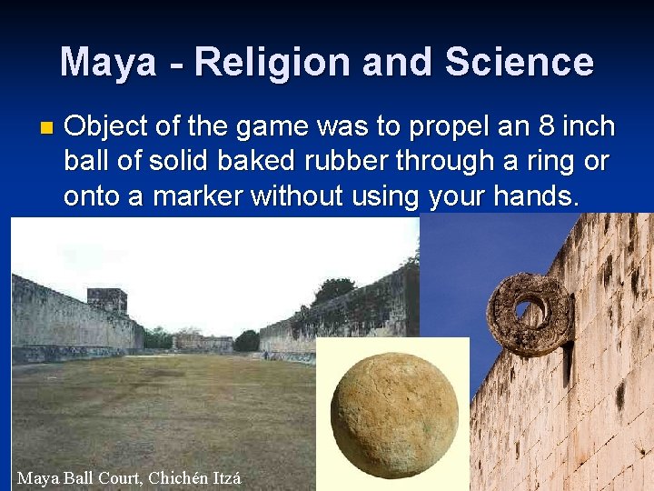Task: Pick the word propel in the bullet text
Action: pos(446,126)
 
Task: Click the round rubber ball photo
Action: pos(394,415)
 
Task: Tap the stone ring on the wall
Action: pos(529,314)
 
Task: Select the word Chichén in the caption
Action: pos(179,477)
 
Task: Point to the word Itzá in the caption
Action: pos(227,477)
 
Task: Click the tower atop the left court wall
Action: pos(107,301)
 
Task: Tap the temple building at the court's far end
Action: pos(202,342)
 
